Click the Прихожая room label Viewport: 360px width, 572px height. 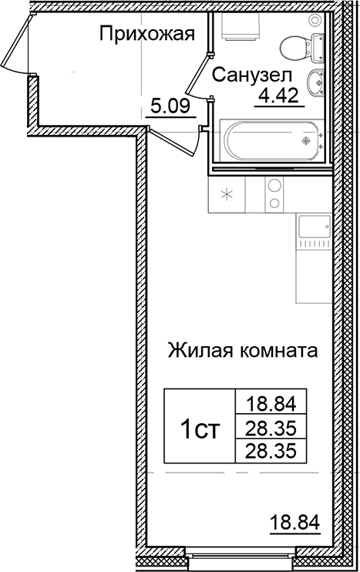click(x=145, y=33)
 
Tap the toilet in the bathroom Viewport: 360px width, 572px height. click(x=294, y=47)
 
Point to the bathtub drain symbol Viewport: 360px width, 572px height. click(x=307, y=141)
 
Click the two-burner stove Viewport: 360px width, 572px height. click(x=274, y=193)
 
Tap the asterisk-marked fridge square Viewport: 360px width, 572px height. click(x=227, y=193)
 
